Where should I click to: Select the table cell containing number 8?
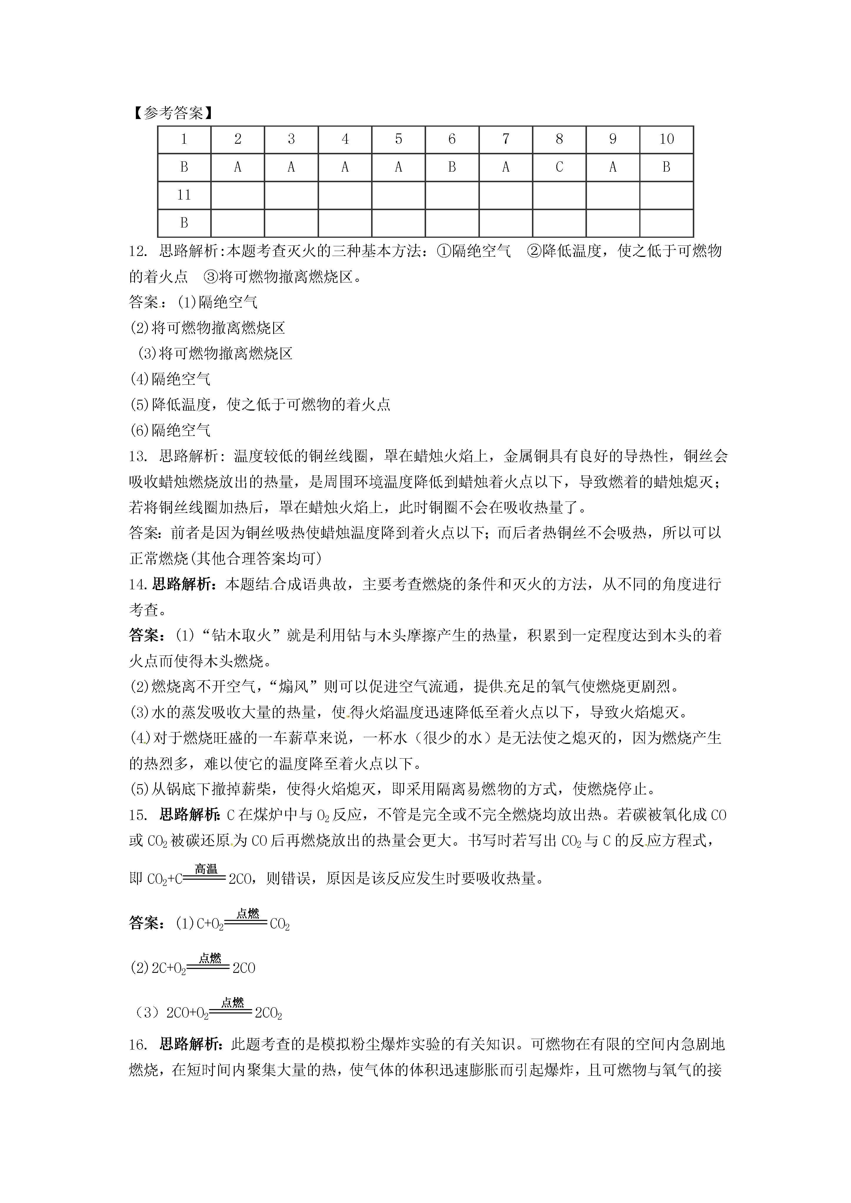559,139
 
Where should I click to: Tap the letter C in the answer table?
559,167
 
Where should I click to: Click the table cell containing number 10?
666,139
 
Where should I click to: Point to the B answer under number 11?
184,223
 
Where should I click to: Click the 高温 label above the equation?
206,869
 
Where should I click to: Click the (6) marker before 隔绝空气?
139,431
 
